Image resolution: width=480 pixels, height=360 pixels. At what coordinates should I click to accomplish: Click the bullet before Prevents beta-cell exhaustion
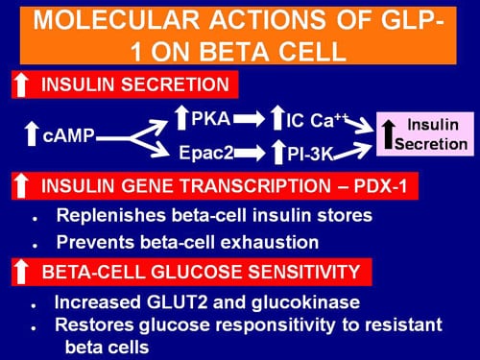pyautogui.click(x=36, y=242)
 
